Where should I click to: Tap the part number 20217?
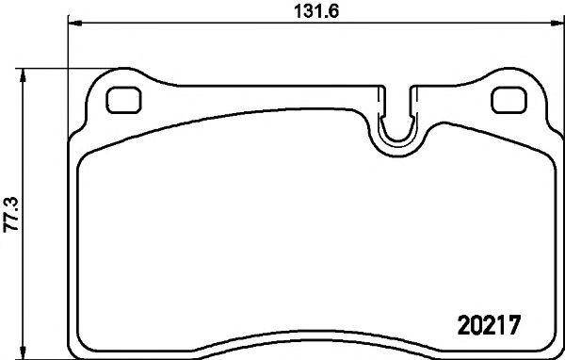pos(489,322)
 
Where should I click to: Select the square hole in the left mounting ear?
pos(121,99)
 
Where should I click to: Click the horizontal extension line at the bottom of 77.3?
pos(47,356)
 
